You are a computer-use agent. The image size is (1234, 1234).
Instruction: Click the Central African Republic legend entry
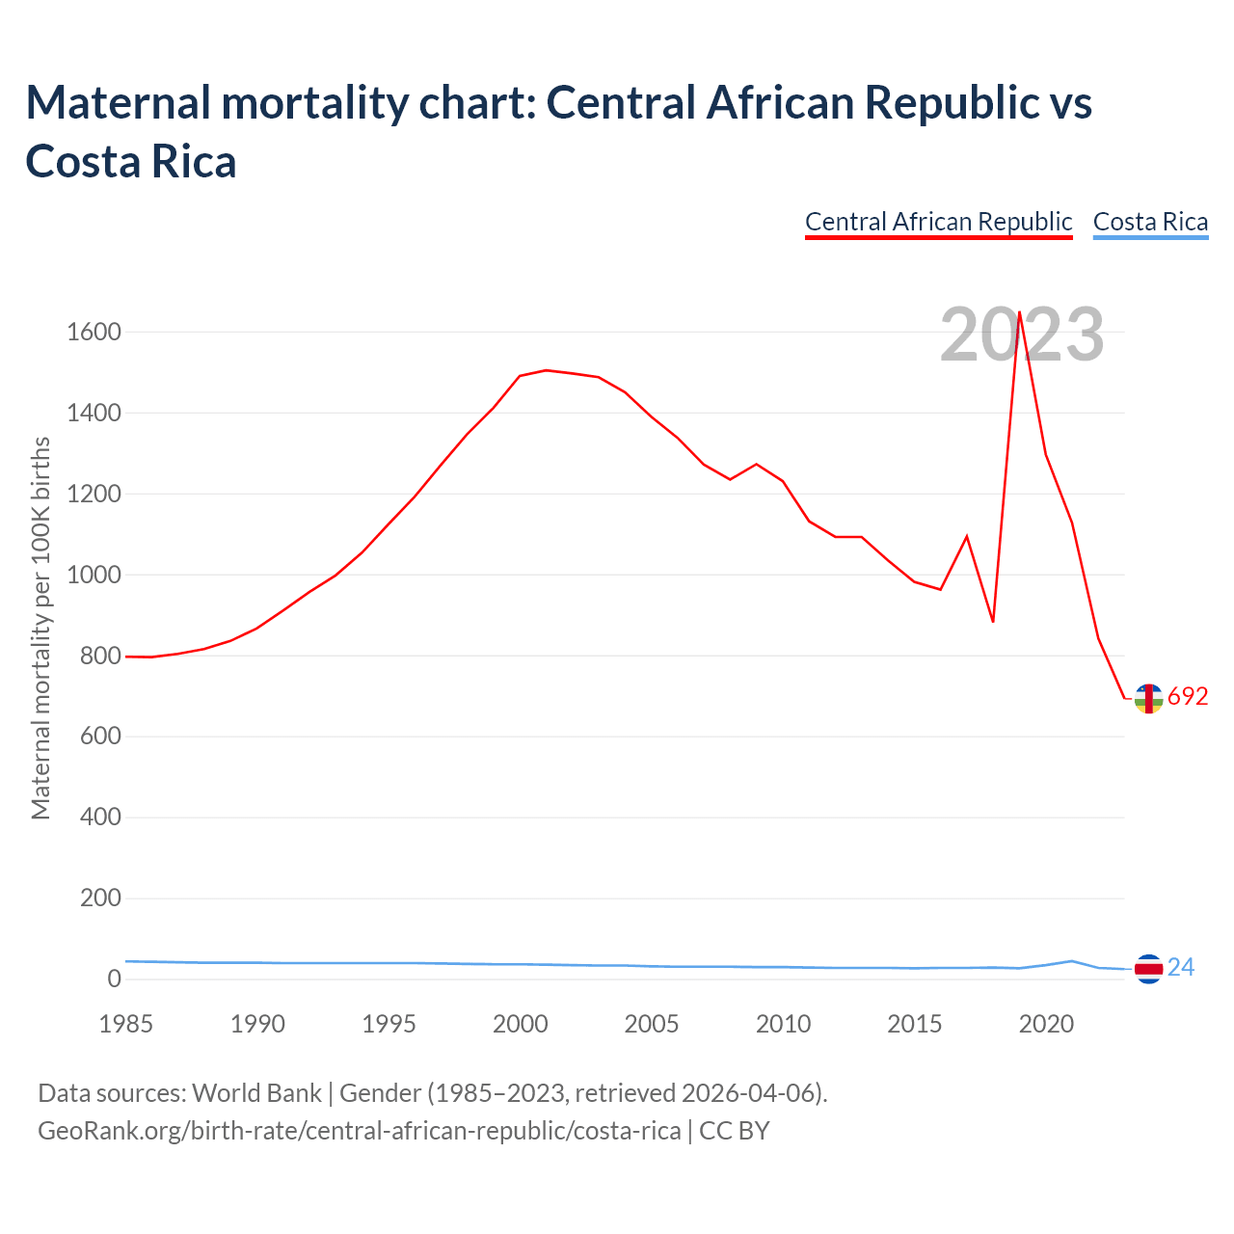pyautogui.click(x=938, y=222)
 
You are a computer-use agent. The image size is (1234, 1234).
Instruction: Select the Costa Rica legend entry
pyautogui.click(x=1150, y=222)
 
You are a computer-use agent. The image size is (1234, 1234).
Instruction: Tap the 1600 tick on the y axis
pyautogui.click(x=94, y=333)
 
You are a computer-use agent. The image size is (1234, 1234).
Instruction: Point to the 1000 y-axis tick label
pyautogui.click(x=94, y=575)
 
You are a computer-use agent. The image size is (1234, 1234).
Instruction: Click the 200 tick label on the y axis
pyautogui.click(x=101, y=899)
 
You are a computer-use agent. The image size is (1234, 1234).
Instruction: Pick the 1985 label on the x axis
pyautogui.click(x=126, y=1024)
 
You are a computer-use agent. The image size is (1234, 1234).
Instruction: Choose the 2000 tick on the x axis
pyautogui.click(x=521, y=1024)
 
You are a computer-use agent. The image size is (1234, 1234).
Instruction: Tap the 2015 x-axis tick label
pyautogui.click(x=915, y=1024)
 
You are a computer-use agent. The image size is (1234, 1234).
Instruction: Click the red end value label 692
pyautogui.click(x=1188, y=697)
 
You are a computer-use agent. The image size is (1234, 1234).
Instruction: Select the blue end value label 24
pyautogui.click(x=1181, y=967)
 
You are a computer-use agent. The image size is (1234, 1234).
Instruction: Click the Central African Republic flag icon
pyautogui.click(x=1148, y=698)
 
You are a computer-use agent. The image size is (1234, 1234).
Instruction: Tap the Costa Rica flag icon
pyautogui.click(x=1148, y=968)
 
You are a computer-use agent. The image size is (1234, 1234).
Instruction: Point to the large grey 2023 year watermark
pyautogui.click(x=1022, y=335)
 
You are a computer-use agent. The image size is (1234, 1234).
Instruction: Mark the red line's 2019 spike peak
pyautogui.click(x=1019, y=312)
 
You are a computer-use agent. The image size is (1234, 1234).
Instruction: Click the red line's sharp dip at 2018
pyautogui.click(x=993, y=621)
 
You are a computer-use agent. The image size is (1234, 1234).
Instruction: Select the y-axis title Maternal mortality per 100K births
pyautogui.click(x=40, y=629)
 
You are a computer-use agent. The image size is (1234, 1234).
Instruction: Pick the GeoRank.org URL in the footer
pyautogui.click(x=359, y=1130)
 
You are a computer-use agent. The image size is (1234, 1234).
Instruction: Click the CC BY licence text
pyautogui.click(x=735, y=1130)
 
